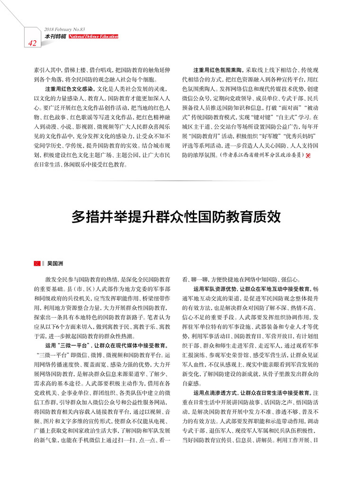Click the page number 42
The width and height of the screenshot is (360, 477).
coord(33,44)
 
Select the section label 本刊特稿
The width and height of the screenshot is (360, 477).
coord(55,36)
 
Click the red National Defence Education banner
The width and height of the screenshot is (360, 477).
coord(93,36)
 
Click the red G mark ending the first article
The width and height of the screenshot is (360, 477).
coord(308,156)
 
